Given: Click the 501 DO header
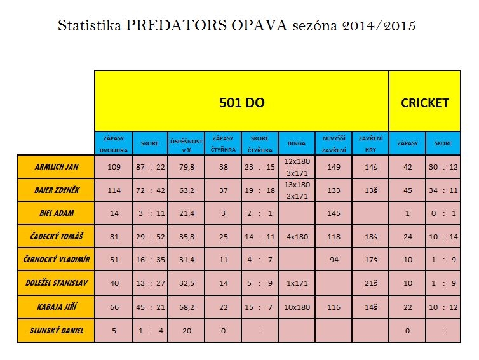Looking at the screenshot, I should [242, 102].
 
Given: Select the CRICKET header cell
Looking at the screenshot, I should [424, 102].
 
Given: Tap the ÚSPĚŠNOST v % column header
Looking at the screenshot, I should [186, 143].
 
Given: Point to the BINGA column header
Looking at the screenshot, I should [296, 143].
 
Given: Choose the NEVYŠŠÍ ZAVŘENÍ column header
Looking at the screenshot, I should [334, 143].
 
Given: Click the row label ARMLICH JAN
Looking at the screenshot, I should [57, 166].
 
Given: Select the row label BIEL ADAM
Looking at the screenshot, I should [57, 213].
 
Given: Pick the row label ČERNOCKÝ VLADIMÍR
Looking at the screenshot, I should [57, 260].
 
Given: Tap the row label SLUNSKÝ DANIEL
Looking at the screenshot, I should [57, 330].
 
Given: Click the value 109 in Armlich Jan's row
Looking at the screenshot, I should [114, 166].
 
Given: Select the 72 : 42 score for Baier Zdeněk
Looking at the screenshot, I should [151, 190].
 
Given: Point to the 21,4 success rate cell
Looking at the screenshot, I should [186, 213].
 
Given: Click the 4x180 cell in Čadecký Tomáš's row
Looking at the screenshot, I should [297, 237].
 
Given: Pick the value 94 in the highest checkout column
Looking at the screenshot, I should [334, 260].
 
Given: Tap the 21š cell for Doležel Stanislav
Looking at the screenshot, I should [370, 283].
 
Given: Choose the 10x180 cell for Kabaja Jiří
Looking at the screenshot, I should [297, 307].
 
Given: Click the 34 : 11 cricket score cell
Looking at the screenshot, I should [443, 190].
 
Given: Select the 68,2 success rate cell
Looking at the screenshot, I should [186, 307].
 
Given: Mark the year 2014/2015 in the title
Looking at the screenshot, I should [381, 27].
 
